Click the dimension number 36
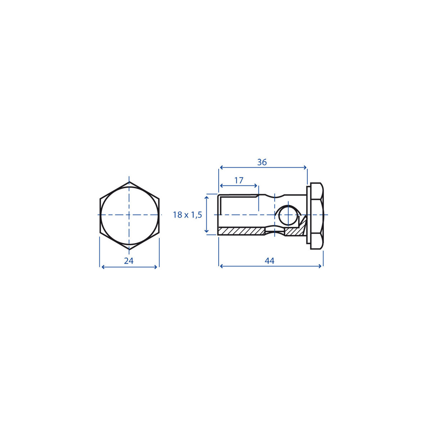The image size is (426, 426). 262,162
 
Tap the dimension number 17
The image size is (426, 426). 239,181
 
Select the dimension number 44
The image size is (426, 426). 269,261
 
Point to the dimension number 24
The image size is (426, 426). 129,261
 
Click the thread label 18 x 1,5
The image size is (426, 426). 187,215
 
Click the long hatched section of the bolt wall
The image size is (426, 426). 241,231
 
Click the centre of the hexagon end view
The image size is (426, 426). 129,215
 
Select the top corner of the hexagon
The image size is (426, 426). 129,182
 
